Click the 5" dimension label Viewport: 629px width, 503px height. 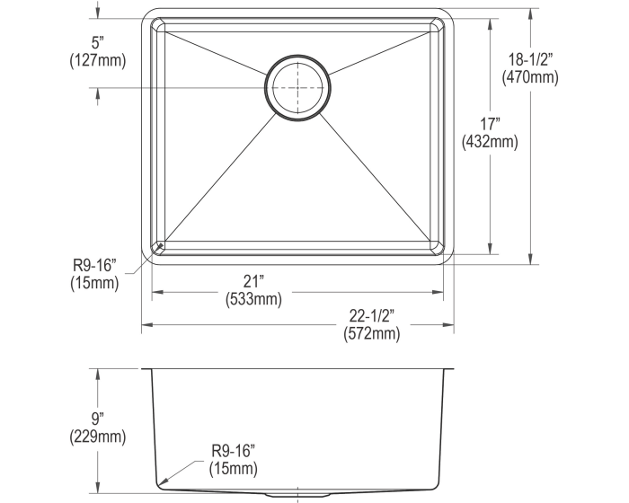[x=98, y=42]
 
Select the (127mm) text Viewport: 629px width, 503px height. [x=98, y=60]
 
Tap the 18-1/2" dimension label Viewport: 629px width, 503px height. [x=530, y=60]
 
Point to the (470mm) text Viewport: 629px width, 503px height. [x=530, y=77]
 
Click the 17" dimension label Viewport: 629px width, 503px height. [x=490, y=124]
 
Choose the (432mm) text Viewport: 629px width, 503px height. [x=490, y=142]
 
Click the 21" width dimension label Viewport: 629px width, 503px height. [x=253, y=281]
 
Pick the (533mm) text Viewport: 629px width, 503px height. [x=253, y=299]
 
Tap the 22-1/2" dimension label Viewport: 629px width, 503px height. [x=372, y=316]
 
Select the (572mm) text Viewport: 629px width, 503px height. [x=372, y=334]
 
